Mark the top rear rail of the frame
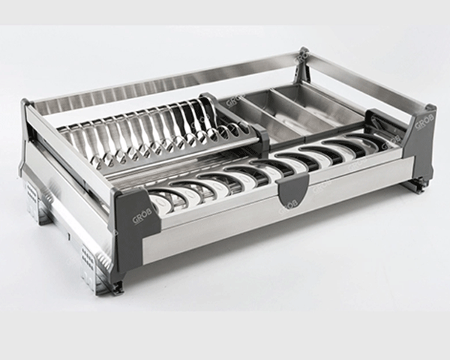165,82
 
